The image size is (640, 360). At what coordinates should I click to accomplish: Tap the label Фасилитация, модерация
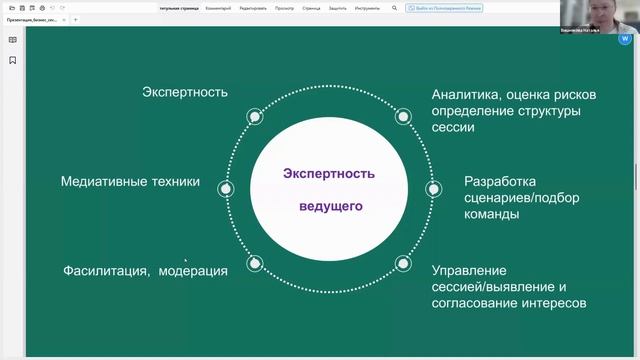coord(145,270)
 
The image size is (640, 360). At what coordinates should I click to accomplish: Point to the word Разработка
coord(500,182)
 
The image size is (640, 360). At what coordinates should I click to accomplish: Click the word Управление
coord(469,270)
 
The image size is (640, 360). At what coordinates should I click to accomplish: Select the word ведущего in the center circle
coord(329,207)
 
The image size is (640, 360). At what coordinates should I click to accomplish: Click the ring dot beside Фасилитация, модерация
coord(255,263)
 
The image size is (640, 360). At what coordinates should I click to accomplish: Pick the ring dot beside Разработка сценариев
coord(432,188)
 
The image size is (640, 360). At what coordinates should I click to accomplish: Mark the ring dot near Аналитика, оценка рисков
coord(403,116)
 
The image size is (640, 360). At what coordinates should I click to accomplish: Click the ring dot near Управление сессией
coord(403,263)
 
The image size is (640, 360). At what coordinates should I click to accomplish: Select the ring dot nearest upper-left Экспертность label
coord(255,116)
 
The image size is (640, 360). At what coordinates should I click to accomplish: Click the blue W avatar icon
coord(625,39)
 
